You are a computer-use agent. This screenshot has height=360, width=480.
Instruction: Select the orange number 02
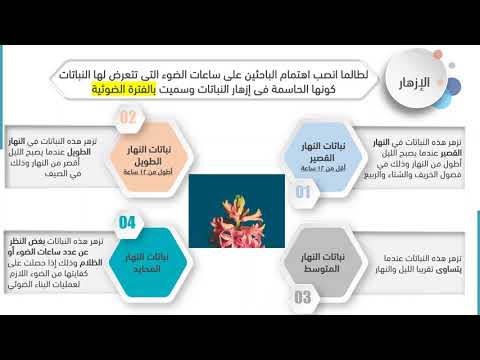(128, 117)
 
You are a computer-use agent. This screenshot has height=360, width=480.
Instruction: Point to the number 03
(302, 297)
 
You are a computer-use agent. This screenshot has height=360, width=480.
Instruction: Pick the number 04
(127, 221)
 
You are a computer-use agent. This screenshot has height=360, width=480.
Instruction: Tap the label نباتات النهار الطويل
(152, 153)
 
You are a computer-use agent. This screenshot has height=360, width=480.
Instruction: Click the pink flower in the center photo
(240, 213)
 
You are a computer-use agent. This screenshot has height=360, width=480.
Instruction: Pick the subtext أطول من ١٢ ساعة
(150, 166)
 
